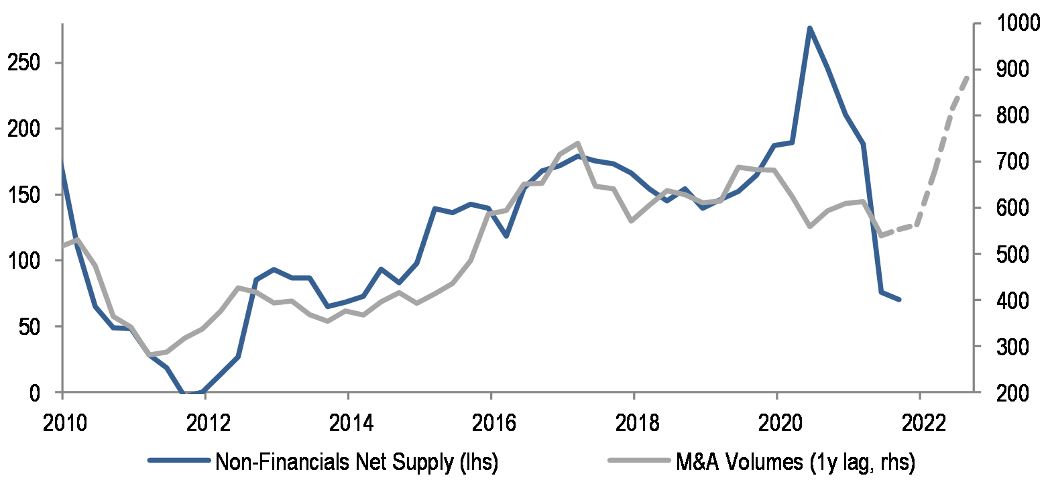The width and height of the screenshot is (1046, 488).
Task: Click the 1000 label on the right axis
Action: point(1007,24)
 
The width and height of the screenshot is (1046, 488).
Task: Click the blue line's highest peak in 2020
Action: point(809,28)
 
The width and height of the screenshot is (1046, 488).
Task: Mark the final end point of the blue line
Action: point(899,300)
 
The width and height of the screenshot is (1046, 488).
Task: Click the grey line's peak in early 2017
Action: point(577,143)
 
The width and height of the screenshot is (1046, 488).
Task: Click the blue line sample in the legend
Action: point(178,461)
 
